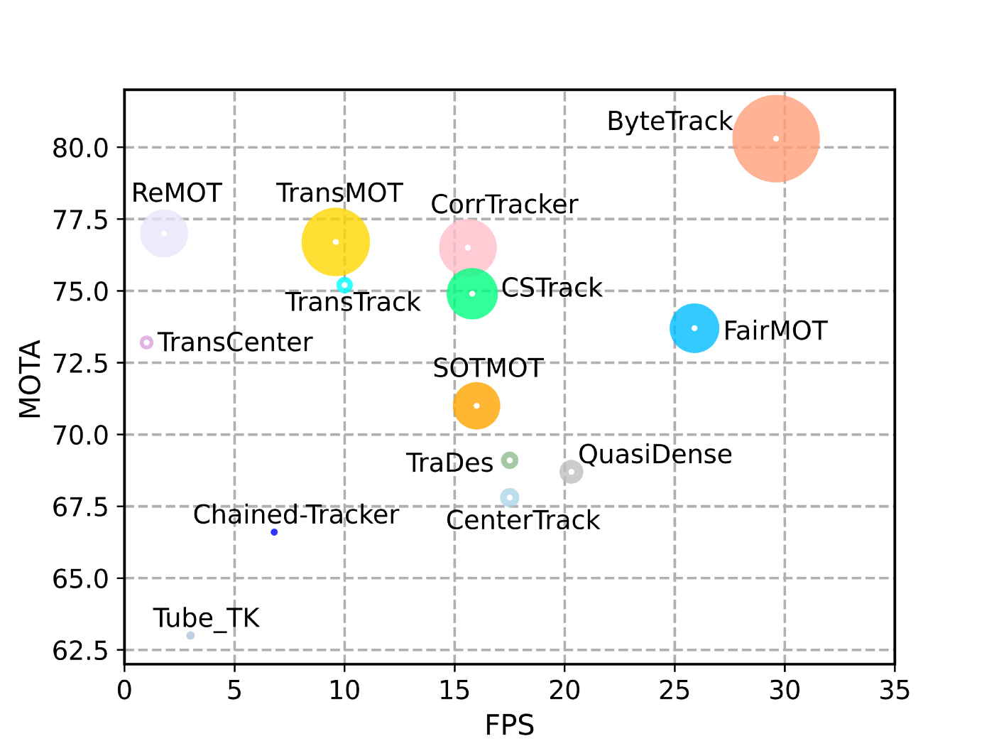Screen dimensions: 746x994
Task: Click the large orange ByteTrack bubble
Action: (776, 139)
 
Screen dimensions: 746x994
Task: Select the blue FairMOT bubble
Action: (694, 328)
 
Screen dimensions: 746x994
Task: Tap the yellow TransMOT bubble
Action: (336, 242)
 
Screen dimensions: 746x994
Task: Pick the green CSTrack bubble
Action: (472, 293)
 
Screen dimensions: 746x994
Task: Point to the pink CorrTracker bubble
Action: (467, 247)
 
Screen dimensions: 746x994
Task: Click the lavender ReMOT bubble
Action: (164, 233)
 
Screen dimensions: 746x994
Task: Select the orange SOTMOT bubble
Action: (476, 406)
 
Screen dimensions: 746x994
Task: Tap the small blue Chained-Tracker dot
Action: (274, 532)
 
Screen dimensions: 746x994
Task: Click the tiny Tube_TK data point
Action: (190, 635)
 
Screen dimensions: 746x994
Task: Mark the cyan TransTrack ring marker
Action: (344, 285)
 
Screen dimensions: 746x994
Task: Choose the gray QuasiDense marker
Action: (571, 472)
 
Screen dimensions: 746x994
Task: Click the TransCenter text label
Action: (235, 342)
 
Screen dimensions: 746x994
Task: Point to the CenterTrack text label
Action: (523, 521)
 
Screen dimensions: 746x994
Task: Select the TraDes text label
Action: (449, 463)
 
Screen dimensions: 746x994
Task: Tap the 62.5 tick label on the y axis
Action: (79, 650)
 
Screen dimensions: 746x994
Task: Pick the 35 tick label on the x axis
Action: (894, 690)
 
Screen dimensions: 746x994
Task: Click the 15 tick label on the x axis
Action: (454, 690)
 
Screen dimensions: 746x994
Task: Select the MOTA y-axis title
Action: (30, 379)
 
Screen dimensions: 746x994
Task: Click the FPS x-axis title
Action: (509, 725)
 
